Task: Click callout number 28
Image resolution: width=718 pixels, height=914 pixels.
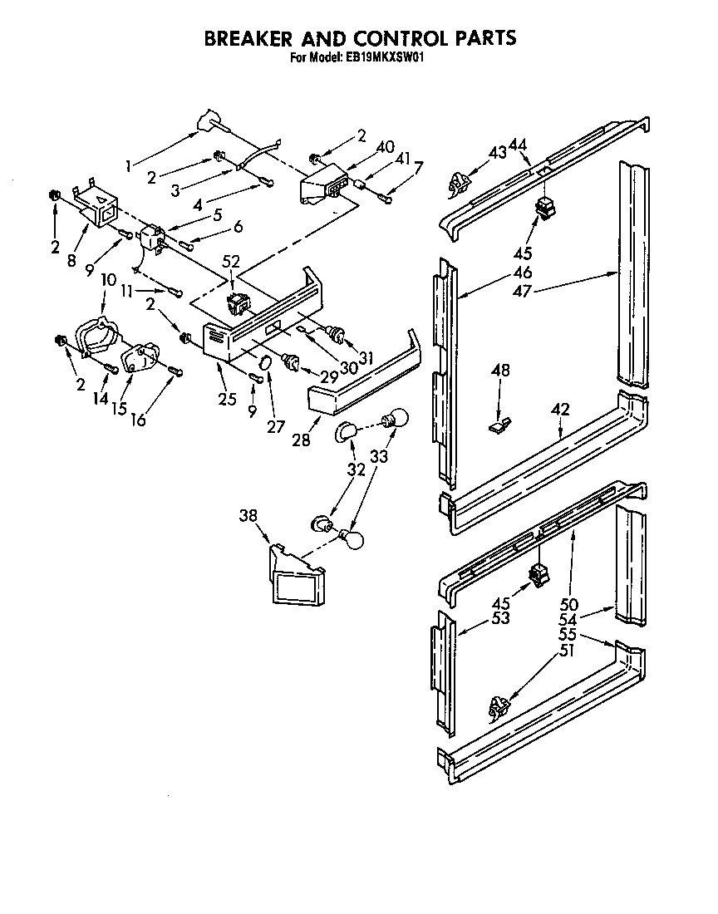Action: pyautogui.click(x=301, y=440)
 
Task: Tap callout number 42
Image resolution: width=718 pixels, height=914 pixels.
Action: pyautogui.click(x=561, y=410)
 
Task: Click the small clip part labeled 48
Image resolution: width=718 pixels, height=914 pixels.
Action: pyautogui.click(x=496, y=427)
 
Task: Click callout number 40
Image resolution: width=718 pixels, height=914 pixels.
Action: pyautogui.click(x=385, y=147)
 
